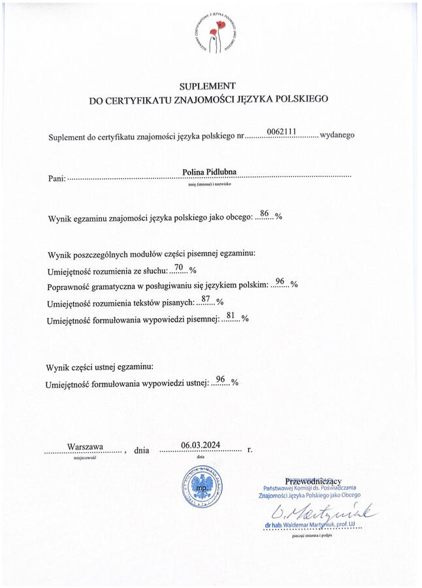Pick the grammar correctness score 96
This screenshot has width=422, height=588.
point(280,282)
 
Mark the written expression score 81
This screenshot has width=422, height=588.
point(230,316)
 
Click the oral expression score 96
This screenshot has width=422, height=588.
point(220,379)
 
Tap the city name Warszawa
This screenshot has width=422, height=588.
point(85,446)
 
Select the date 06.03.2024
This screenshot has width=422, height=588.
point(201,445)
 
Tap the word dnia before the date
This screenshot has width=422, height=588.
point(142,450)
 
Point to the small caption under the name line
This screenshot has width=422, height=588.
point(210,184)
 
